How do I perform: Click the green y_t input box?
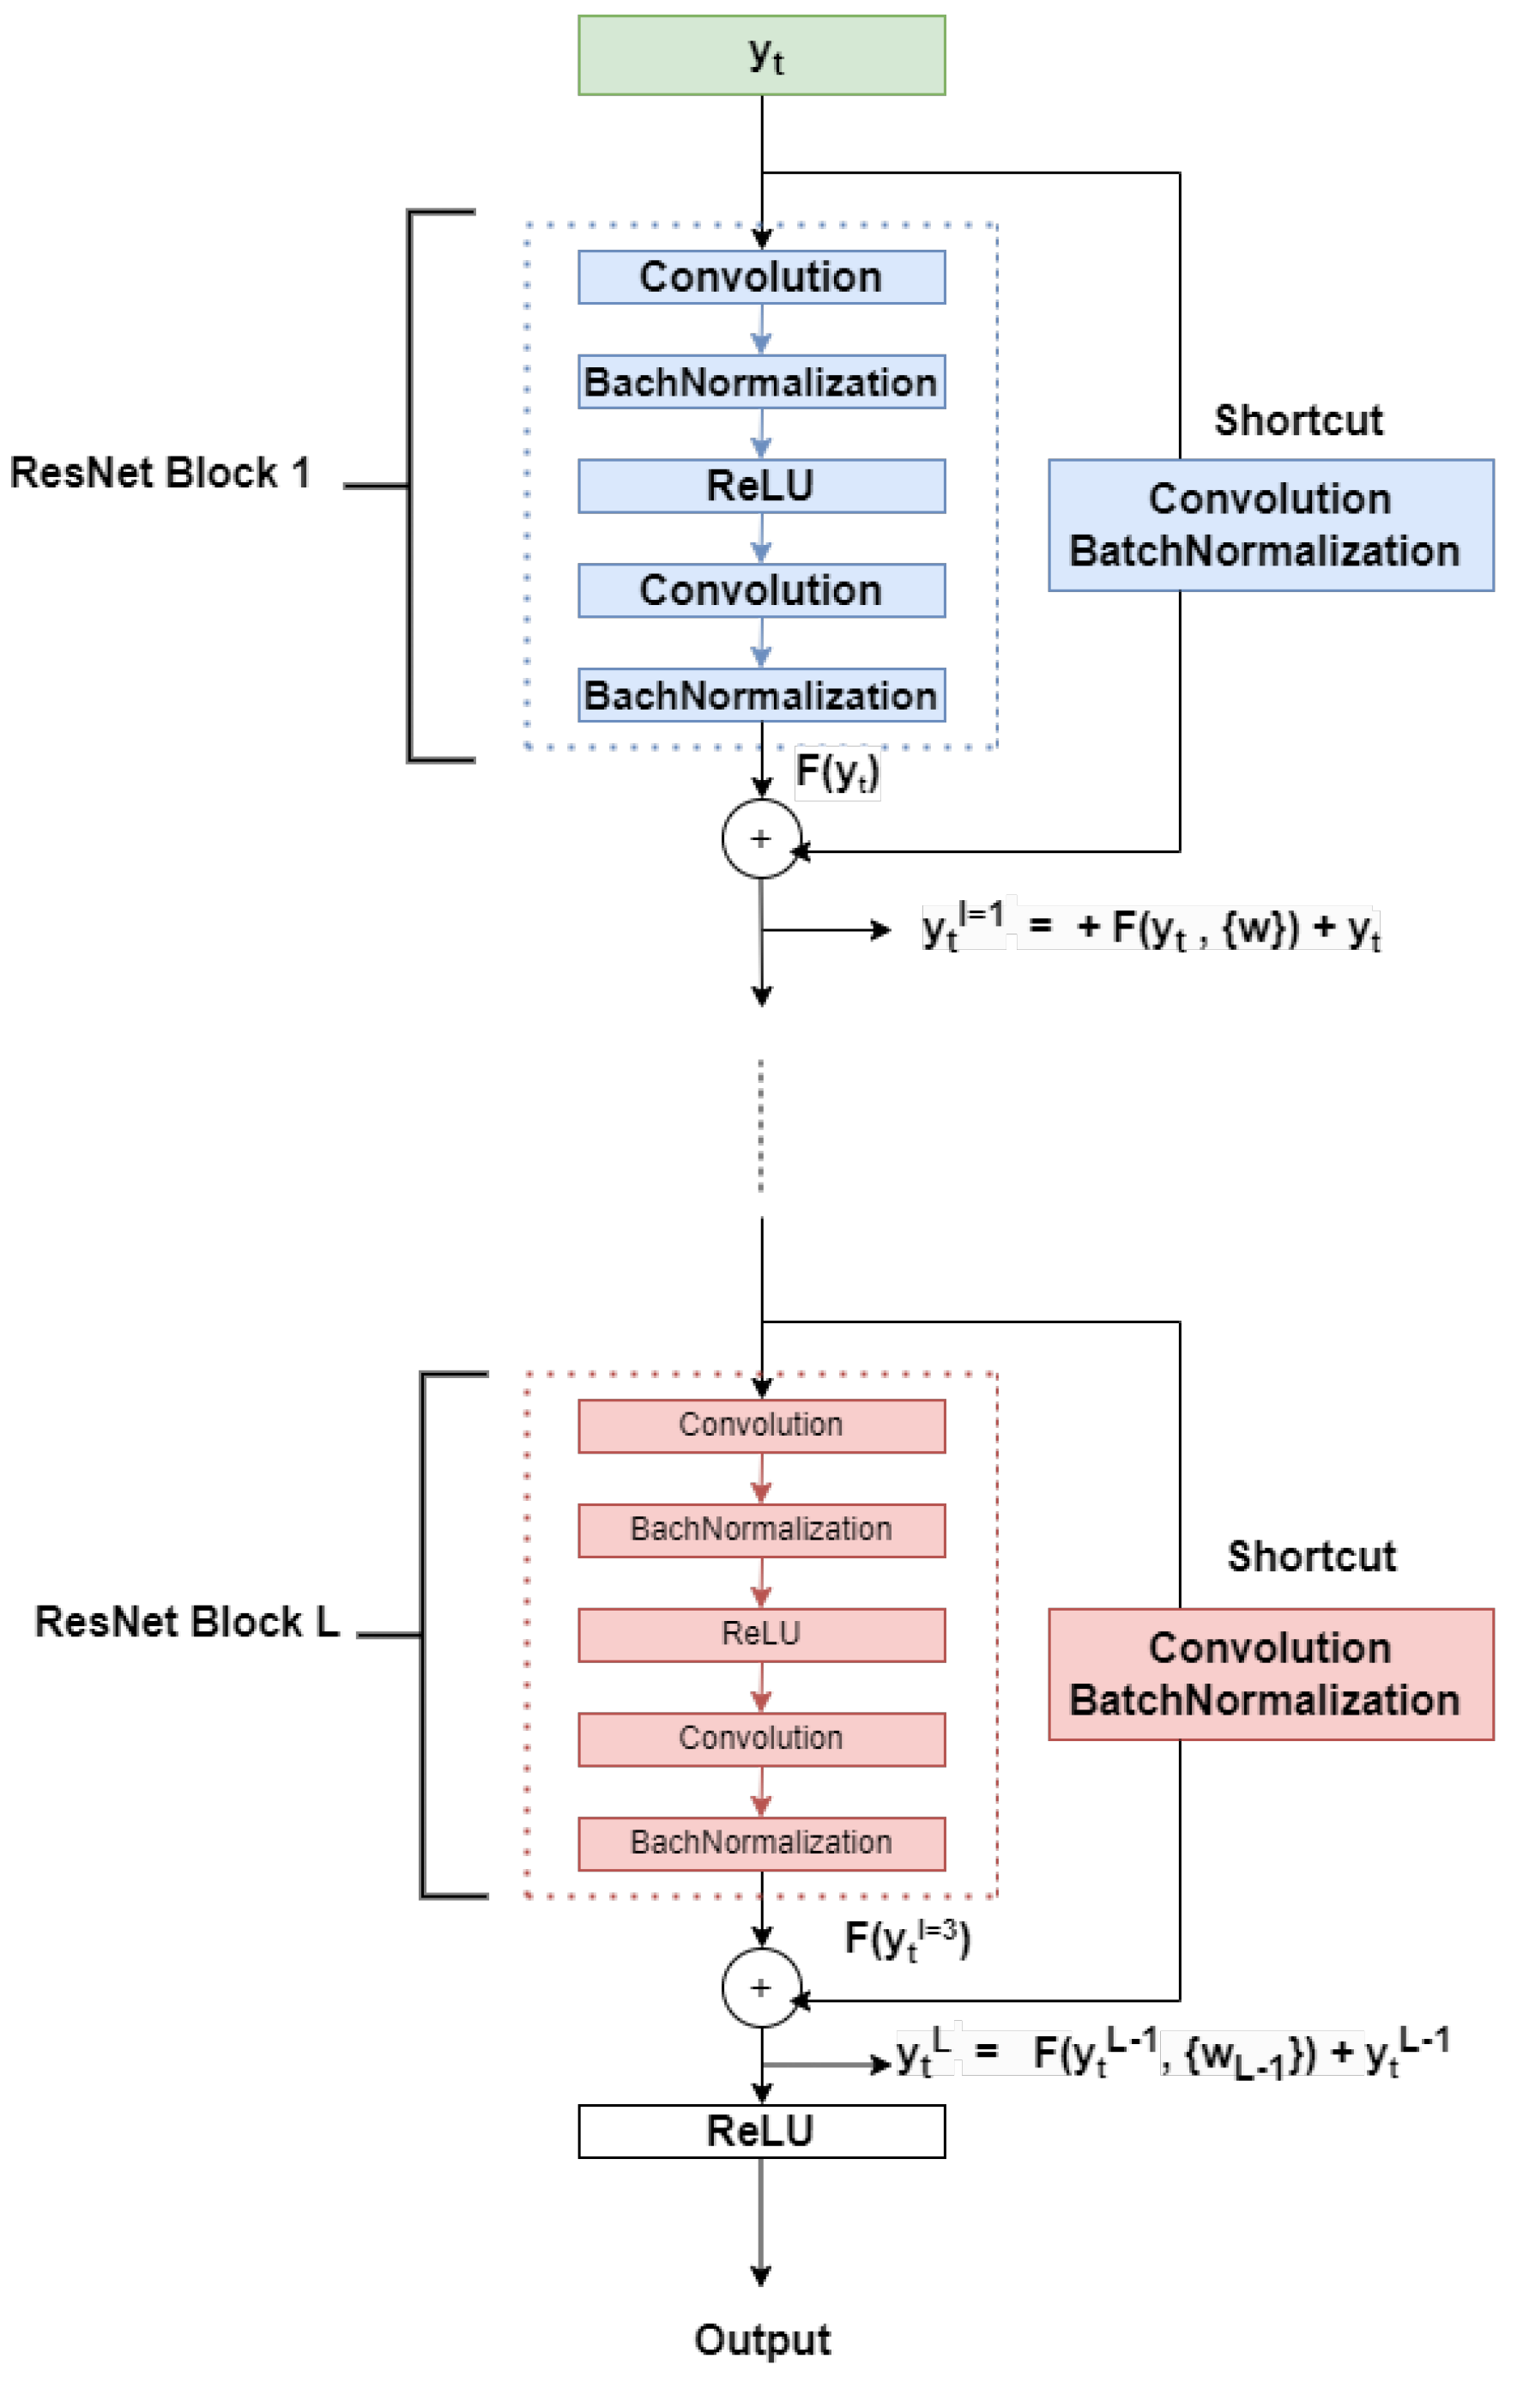tap(761, 56)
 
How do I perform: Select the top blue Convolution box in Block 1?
tap(761, 277)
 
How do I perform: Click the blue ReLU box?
tap(761, 486)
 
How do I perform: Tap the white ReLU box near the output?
tap(761, 2131)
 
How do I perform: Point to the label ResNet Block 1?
tap(160, 473)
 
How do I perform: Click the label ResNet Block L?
tap(187, 1622)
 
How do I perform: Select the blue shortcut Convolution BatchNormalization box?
tap(1271, 525)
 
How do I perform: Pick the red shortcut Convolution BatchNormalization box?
tap(1271, 1674)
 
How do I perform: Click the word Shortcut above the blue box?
tap(1298, 420)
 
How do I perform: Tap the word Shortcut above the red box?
tap(1311, 1557)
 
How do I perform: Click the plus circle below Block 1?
tap(761, 839)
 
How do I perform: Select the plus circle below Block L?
tap(761, 1988)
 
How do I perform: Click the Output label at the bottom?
tap(762, 2340)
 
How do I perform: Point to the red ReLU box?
tap(761, 1634)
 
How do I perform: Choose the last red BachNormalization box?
tap(761, 1843)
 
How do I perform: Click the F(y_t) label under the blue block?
tap(837, 772)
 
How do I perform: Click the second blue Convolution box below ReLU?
tap(761, 590)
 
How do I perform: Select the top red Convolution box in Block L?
tap(761, 1426)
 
